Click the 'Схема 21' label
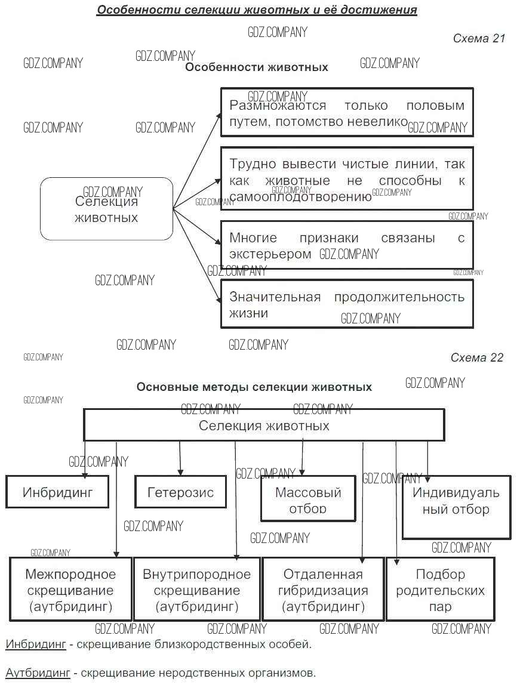click(479, 39)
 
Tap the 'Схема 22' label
click(477, 358)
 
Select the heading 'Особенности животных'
click(256, 67)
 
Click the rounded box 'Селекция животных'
click(106, 209)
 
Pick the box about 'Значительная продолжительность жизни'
click(346, 304)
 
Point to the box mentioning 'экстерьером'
click(346, 245)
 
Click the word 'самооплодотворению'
click(300, 197)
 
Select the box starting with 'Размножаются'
click(346, 113)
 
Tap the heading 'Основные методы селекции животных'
click(254, 387)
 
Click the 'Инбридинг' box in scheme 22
click(57, 492)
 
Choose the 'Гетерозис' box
click(180, 492)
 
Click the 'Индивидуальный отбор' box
click(456, 507)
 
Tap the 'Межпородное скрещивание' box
click(70, 590)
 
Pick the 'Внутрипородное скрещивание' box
click(196, 590)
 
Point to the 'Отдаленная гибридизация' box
click(323, 590)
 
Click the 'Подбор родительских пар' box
click(441, 590)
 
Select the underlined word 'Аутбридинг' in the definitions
click(38, 673)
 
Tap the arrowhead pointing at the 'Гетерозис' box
click(180, 472)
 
